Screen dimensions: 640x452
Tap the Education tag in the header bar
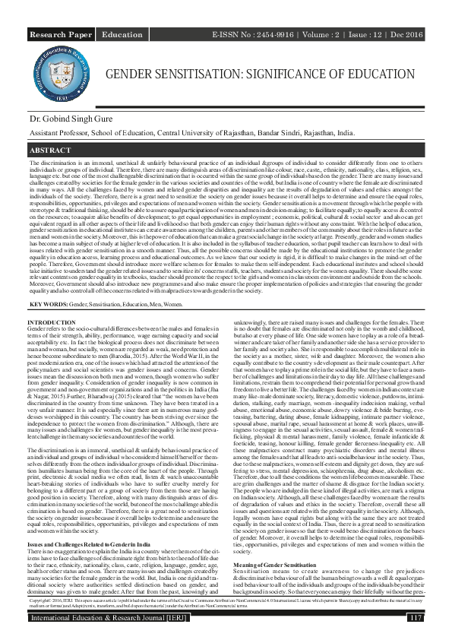(122, 35)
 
